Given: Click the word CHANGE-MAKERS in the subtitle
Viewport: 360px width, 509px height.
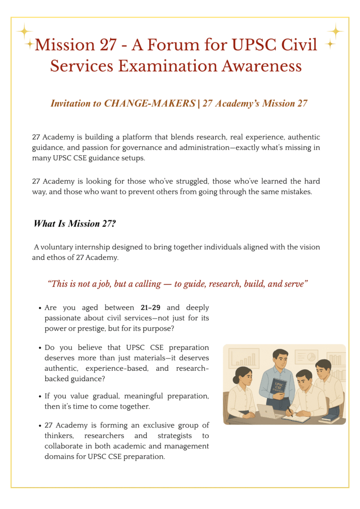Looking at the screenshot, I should (150, 103).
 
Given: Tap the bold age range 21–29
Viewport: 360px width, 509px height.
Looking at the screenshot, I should (150, 308).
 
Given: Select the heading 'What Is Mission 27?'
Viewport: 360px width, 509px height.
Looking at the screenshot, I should (75, 224).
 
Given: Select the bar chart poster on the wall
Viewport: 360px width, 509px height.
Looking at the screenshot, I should (244, 358).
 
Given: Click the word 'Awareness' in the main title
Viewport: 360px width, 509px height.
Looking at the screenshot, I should (260, 66).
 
